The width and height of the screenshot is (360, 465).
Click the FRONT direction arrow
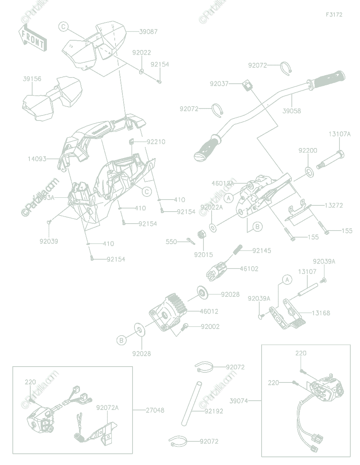point(33,38)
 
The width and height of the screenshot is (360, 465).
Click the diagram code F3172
point(334,15)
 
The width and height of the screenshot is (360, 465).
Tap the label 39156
point(32,79)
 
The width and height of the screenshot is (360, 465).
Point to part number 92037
point(219,84)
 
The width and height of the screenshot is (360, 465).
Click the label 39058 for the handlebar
point(291,111)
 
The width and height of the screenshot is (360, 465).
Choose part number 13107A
point(339,134)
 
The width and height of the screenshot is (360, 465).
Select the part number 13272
point(333,205)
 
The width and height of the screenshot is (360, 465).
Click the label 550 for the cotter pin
point(171,242)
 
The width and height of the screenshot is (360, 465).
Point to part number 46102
point(249,269)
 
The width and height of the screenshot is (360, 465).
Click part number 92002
point(210,327)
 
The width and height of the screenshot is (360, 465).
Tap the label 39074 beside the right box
point(239,401)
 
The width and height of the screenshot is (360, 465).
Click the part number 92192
point(214,411)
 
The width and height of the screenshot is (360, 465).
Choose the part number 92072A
point(107,408)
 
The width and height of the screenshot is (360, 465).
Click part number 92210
point(156,142)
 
